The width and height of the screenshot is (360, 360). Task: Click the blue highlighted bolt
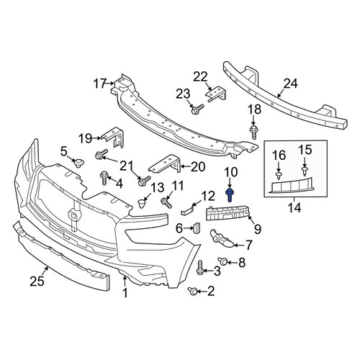point(230,195)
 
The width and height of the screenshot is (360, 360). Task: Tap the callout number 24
point(291,84)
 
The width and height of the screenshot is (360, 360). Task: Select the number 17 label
point(99,84)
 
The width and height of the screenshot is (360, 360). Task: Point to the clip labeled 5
point(78,163)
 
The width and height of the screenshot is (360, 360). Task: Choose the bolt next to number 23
point(197,109)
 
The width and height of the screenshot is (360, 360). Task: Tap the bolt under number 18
point(253,132)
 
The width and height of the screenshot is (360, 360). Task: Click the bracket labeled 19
point(114,138)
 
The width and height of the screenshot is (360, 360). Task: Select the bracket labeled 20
point(166,164)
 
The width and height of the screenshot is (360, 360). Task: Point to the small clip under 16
point(279,176)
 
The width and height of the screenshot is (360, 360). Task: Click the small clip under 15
point(305,171)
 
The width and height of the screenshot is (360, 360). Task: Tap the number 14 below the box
point(294,208)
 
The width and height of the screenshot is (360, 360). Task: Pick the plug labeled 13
point(142,204)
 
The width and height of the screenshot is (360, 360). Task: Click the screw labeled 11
point(166,202)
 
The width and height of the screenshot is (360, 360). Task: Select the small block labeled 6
point(197,228)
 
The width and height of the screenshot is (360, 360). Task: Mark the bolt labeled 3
point(199,269)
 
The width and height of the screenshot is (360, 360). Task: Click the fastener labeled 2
point(193,291)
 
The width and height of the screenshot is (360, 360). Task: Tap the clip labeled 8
point(222,261)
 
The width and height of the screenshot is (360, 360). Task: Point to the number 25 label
point(37,281)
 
